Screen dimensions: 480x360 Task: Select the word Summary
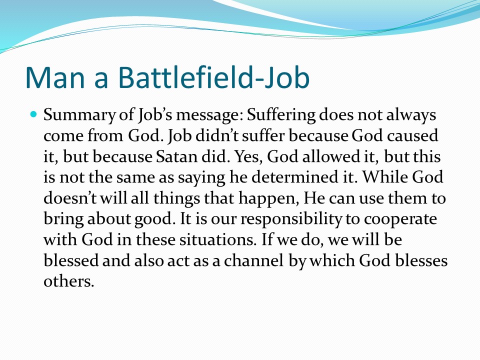click(79, 115)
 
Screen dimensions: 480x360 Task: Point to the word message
click(209, 115)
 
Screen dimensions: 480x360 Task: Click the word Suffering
click(281, 115)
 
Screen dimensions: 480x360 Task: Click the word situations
click(217, 239)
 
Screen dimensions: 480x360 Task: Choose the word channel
click(254, 260)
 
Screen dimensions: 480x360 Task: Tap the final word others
click(68, 281)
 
